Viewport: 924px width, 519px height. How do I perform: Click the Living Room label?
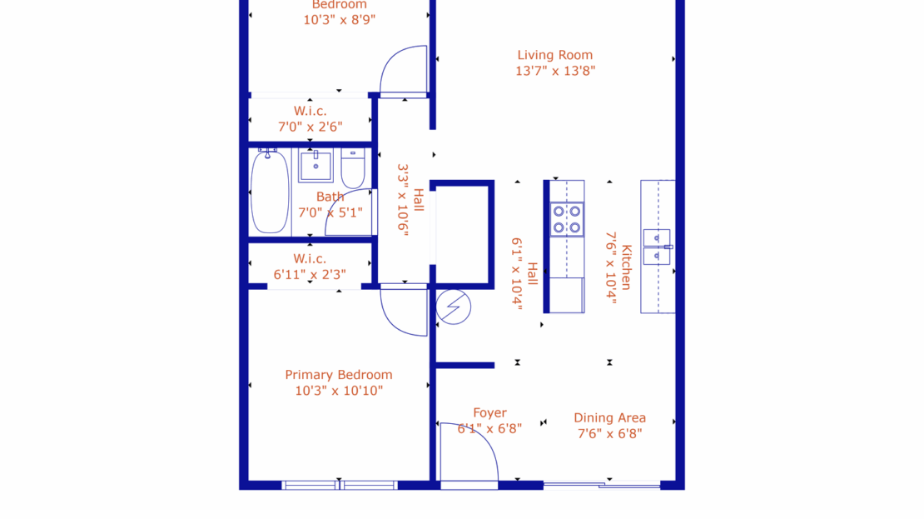coord(554,55)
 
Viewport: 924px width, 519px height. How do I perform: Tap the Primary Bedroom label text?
coord(338,375)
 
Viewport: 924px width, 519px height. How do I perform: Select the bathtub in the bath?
coord(270,192)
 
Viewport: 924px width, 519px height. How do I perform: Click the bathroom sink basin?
coord(316,167)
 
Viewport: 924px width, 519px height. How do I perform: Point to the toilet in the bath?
coord(353,170)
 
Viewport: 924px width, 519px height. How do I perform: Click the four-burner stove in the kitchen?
coord(566,219)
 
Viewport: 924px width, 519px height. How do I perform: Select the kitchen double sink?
coord(657,247)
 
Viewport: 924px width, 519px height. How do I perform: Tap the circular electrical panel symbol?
coord(454,307)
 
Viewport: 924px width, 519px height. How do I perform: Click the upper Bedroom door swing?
coord(404,71)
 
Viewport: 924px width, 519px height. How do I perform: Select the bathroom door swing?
coord(350,212)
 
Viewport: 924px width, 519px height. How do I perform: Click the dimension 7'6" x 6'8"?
coord(609,433)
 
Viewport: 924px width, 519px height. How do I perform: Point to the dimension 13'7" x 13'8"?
coord(554,72)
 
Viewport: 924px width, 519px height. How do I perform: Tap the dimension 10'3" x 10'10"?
coord(338,391)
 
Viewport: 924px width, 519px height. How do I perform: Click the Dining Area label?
coord(609,417)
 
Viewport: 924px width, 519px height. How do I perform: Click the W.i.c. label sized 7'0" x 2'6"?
coord(310,111)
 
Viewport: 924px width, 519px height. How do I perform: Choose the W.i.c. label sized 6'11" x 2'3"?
coord(310,258)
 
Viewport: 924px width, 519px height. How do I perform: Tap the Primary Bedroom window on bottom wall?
coord(340,485)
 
